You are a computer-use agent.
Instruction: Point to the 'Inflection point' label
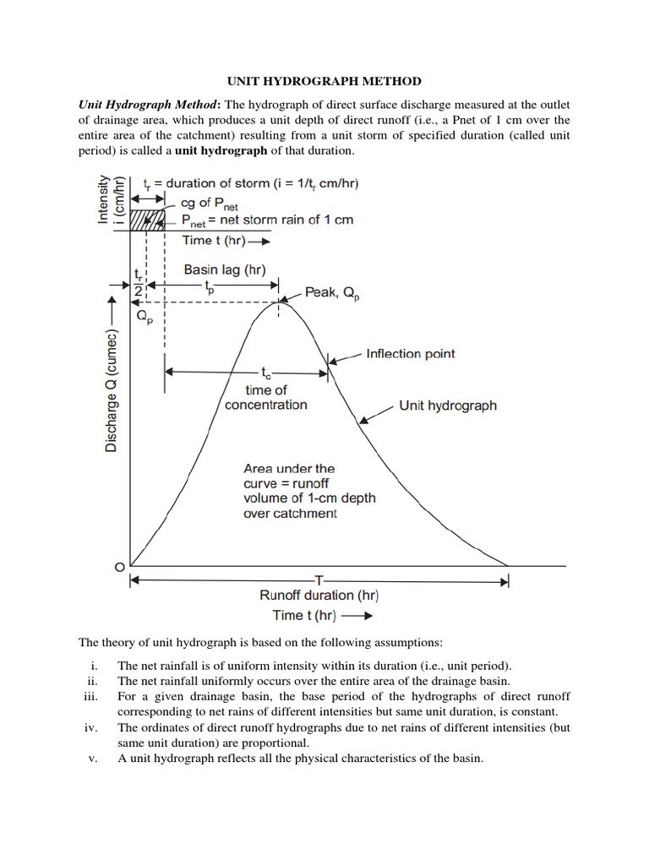[410, 353]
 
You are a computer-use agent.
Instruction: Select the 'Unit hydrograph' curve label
[448, 405]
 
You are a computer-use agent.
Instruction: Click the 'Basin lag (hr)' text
[225, 270]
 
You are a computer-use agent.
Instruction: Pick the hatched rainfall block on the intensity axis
[145, 220]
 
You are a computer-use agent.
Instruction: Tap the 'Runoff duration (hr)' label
[319, 596]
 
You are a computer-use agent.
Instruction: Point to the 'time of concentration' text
[266, 397]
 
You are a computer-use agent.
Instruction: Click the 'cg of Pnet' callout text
[210, 204]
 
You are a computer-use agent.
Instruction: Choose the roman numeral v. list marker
[95, 758]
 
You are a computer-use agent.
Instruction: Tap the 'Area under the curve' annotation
[309, 491]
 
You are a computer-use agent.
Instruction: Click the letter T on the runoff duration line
[319, 580]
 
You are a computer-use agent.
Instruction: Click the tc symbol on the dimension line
[266, 372]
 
